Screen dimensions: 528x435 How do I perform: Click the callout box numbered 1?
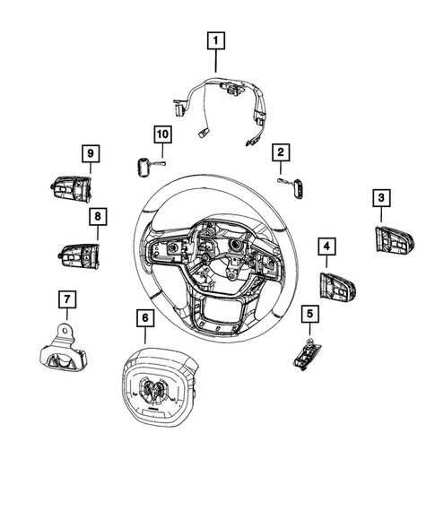(216, 40)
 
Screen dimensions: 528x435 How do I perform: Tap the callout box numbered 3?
(381, 198)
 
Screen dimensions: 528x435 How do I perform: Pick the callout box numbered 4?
(327, 246)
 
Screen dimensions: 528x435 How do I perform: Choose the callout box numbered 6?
(142, 317)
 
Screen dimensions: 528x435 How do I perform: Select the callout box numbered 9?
(90, 155)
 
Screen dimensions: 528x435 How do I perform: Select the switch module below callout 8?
(80, 255)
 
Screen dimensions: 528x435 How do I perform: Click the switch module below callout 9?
(70, 190)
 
